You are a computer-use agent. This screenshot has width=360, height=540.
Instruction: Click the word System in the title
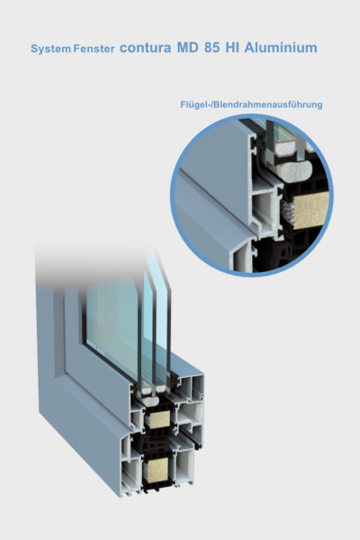coord(50,49)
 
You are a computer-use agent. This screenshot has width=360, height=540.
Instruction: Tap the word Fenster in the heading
coord(94,49)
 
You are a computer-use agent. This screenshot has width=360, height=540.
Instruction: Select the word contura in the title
coord(145,48)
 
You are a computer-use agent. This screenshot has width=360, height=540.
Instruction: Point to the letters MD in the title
coord(188,48)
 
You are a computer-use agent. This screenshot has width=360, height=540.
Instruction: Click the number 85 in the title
coord(211,48)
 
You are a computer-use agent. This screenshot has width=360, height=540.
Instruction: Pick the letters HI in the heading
coord(232,48)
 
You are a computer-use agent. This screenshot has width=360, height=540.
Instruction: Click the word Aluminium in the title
coord(281,48)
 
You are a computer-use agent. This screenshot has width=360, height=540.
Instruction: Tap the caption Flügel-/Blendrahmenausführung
coord(251,104)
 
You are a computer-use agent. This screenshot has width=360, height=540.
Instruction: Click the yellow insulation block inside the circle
coord(310,210)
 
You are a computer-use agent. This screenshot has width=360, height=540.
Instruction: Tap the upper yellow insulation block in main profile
coord(159,419)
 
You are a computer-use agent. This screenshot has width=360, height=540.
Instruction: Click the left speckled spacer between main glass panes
coord(147,391)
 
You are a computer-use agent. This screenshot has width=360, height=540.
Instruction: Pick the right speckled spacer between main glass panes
coord(162,389)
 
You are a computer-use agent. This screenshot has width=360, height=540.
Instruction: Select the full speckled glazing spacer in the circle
coord(284,148)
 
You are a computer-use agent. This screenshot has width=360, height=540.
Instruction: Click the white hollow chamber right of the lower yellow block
coord(184,465)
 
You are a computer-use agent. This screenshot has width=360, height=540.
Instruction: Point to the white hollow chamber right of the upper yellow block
coord(189,413)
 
